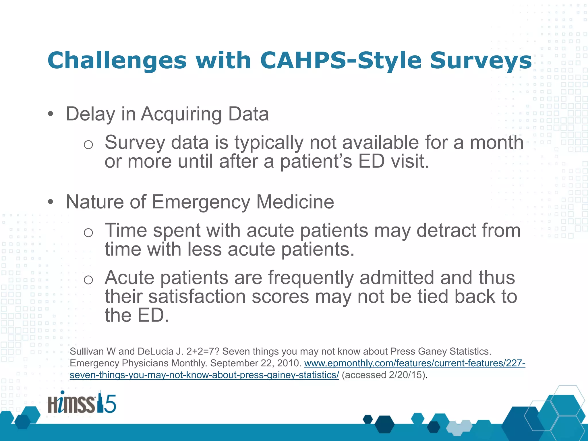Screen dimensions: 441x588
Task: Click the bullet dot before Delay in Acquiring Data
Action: (x=51, y=114)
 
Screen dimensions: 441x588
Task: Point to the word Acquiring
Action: (x=181, y=114)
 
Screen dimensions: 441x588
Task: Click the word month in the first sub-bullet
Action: (x=496, y=142)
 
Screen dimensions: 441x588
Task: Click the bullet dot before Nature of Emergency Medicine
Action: (x=51, y=202)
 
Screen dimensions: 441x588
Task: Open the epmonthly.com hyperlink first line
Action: (x=415, y=363)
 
